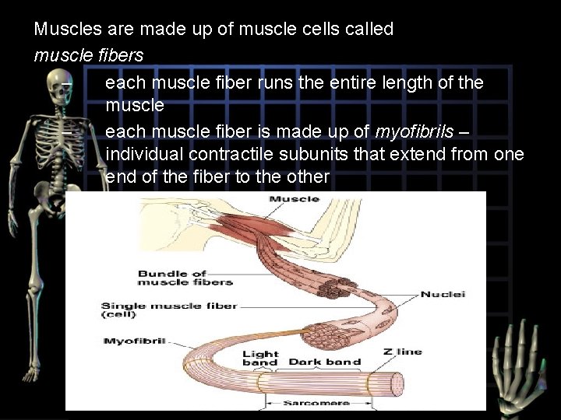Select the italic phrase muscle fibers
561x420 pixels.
89,56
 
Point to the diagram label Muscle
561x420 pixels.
294,199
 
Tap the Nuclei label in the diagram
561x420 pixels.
443,295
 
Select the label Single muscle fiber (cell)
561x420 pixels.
169,310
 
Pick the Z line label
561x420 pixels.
403,352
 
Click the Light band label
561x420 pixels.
260,358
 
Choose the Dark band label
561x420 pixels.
325,362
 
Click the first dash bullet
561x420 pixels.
68,82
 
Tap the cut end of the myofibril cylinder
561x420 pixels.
395,383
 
